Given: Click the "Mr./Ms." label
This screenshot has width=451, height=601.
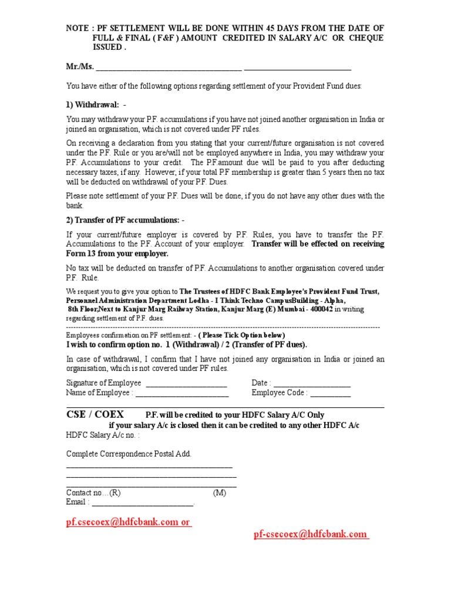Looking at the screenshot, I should coord(80,67).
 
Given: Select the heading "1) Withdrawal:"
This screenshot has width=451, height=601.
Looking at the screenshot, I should coord(93,104).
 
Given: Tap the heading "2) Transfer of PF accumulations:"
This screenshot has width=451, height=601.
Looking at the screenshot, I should coord(125,220).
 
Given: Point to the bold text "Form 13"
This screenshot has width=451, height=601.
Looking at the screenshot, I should coord(82,254).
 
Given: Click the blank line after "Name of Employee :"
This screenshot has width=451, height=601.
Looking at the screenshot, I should coord(181,393).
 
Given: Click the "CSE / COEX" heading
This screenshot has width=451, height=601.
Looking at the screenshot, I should coord(95,414).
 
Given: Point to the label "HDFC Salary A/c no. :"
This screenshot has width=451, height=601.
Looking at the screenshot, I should coord(103,435).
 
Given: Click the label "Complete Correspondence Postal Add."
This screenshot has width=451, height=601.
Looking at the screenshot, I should coord(129,454).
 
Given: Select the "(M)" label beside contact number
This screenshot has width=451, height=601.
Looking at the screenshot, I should coord(220,493).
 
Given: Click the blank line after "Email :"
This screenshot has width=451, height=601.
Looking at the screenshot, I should coord(143,502).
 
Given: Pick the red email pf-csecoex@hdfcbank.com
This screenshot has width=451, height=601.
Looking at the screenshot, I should coord(311,534).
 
